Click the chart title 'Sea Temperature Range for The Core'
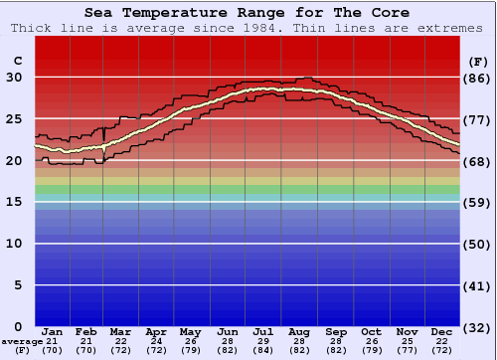[x=248, y=13]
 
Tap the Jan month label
[x=53, y=331]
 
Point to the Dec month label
[x=442, y=331]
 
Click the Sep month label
[x=336, y=331]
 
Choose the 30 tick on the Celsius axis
[x=15, y=78]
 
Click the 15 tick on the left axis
[x=15, y=202]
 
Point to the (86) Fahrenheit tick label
[x=477, y=78]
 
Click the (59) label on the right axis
[x=477, y=202]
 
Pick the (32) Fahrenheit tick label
[x=477, y=326]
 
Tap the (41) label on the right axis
[x=477, y=285]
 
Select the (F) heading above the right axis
[x=477, y=62]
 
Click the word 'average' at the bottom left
[x=22, y=341]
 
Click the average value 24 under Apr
[x=156, y=341]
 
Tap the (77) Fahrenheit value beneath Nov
[x=406, y=351]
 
